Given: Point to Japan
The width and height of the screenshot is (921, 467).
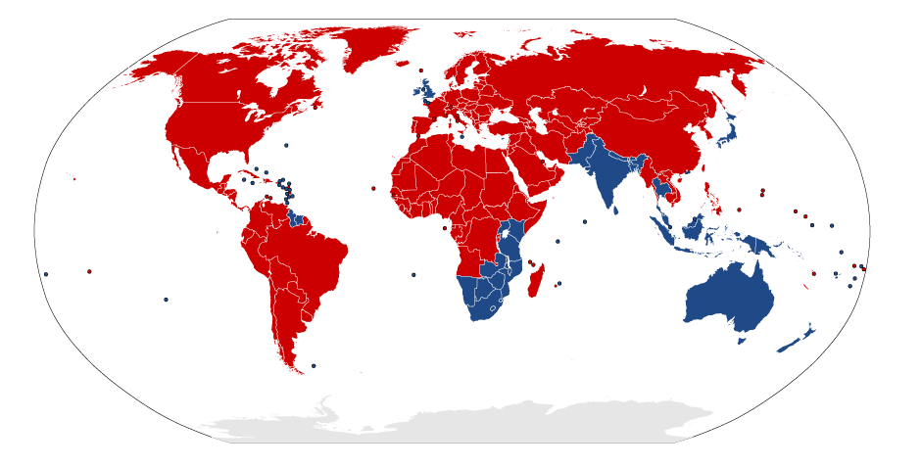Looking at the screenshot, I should click(726, 132).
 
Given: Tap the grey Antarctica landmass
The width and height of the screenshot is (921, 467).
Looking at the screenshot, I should click(490, 421).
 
